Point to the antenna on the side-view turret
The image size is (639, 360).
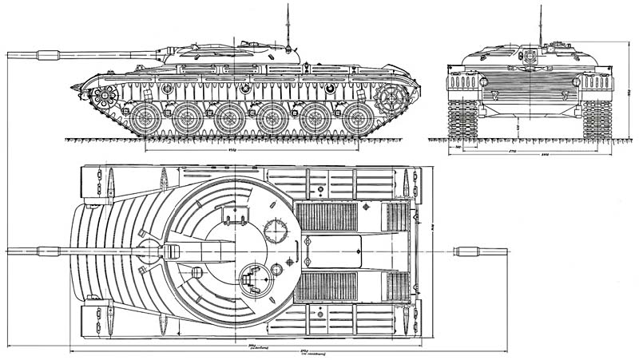click(286, 24)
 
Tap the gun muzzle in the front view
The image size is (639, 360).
click(530, 56)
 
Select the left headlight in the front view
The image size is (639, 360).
click(483, 81)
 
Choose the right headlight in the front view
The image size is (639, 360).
click(576, 81)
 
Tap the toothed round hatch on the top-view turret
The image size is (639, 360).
click(276, 230)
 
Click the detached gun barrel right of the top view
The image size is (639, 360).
click(481, 251)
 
